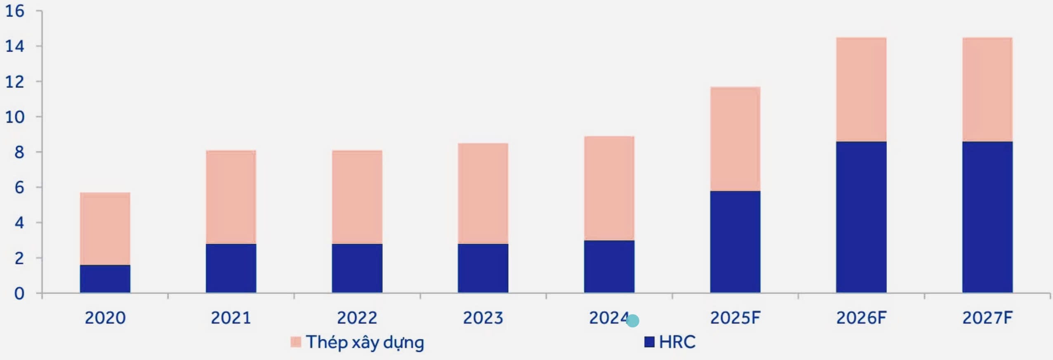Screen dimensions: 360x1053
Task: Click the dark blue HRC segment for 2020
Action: tap(105, 279)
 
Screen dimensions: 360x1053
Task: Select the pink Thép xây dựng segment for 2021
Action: tap(231, 197)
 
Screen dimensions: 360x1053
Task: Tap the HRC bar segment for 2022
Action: tap(357, 268)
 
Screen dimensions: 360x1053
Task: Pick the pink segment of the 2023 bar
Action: tap(483, 193)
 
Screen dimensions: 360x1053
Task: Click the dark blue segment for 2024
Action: tap(609, 266)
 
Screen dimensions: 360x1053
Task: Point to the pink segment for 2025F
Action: tap(735, 139)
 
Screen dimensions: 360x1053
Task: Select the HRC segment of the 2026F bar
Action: tap(861, 217)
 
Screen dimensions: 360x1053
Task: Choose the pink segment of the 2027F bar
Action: tap(987, 89)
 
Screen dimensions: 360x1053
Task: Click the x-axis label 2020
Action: tap(105, 318)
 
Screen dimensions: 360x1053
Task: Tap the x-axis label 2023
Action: tap(483, 318)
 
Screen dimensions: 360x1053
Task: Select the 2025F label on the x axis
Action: tap(735, 318)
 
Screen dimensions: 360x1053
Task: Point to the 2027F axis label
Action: tap(987, 318)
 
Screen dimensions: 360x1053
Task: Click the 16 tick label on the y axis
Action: tap(15, 11)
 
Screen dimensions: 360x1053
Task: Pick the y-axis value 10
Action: tap(15, 117)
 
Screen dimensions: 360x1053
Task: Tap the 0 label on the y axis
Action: tap(19, 294)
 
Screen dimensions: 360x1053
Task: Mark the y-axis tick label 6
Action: tap(19, 188)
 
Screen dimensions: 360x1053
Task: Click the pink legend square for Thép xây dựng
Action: tap(296, 342)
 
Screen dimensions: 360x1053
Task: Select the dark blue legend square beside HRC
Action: tap(649, 342)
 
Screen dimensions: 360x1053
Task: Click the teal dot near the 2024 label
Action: tap(633, 320)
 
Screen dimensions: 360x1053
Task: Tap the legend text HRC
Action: tap(677, 342)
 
